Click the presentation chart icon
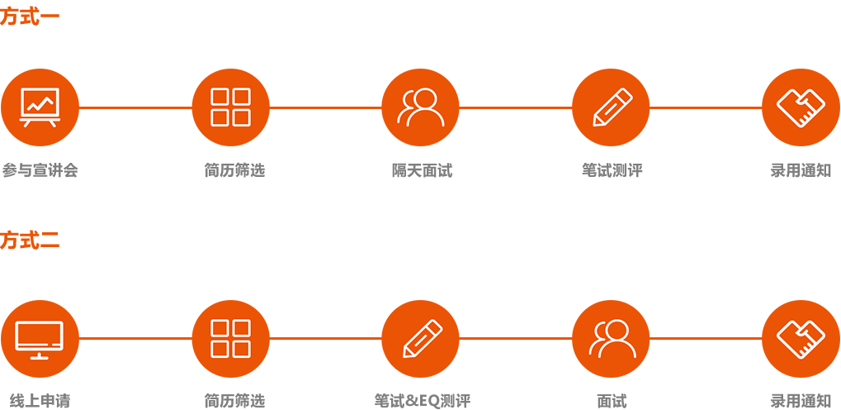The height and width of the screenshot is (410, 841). pos(40,107)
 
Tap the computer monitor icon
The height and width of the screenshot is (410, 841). pos(40,339)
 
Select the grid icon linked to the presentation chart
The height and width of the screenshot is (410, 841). pos(230,107)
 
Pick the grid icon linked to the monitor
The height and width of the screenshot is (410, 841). pos(230,339)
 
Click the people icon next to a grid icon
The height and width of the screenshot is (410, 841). pos(420,107)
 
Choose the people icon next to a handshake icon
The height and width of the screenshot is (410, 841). pos(611,339)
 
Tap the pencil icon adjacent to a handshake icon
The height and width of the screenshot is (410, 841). pos(611,107)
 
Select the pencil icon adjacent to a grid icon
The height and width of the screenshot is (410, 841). pos(420,339)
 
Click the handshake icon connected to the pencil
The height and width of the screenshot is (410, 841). pos(801,107)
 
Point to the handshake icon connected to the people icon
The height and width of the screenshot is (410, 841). pos(801,339)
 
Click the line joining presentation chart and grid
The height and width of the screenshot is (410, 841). pos(135,107)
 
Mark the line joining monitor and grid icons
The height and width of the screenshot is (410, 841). pos(135,338)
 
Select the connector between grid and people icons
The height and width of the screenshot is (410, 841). pos(325,107)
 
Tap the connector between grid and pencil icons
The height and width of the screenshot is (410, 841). pos(325,338)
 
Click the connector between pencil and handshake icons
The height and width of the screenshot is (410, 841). pos(706,107)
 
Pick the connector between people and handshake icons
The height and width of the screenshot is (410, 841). pos(706,338)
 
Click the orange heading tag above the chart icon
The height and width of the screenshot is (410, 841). pos(28,16)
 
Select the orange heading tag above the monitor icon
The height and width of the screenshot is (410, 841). pos(28,241)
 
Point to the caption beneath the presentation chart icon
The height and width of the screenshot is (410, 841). pos(40,171)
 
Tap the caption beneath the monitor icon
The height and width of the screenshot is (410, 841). pos(40,402)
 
